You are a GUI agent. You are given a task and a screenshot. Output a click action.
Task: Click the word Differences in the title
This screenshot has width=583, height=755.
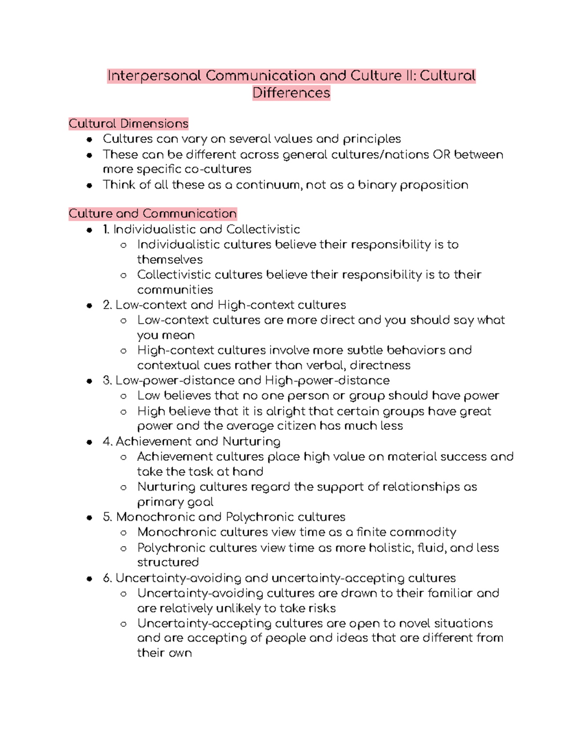(x=291, y=93)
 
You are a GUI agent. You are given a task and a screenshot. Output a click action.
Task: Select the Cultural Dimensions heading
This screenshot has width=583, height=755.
(x=128, y=123)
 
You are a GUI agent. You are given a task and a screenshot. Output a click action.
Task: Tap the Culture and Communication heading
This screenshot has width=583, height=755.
(x=153, y=213)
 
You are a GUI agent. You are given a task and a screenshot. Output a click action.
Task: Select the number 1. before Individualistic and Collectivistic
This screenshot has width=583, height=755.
(x=106, y=229)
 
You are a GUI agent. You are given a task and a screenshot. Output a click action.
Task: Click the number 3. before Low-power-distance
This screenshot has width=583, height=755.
(x=107, y=380)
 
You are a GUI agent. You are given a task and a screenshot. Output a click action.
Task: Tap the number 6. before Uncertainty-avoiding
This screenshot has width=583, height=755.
(x=107, y=578)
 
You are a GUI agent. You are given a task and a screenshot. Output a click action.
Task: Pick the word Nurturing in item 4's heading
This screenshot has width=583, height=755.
(x=251, y=441)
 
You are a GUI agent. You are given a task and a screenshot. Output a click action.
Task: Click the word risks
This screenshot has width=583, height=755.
(x=320, y=608)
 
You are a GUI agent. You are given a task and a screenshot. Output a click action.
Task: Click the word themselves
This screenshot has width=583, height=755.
(x=170, y=260)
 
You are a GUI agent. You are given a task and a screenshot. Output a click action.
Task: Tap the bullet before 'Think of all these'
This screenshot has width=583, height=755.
(x=89, y=185)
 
